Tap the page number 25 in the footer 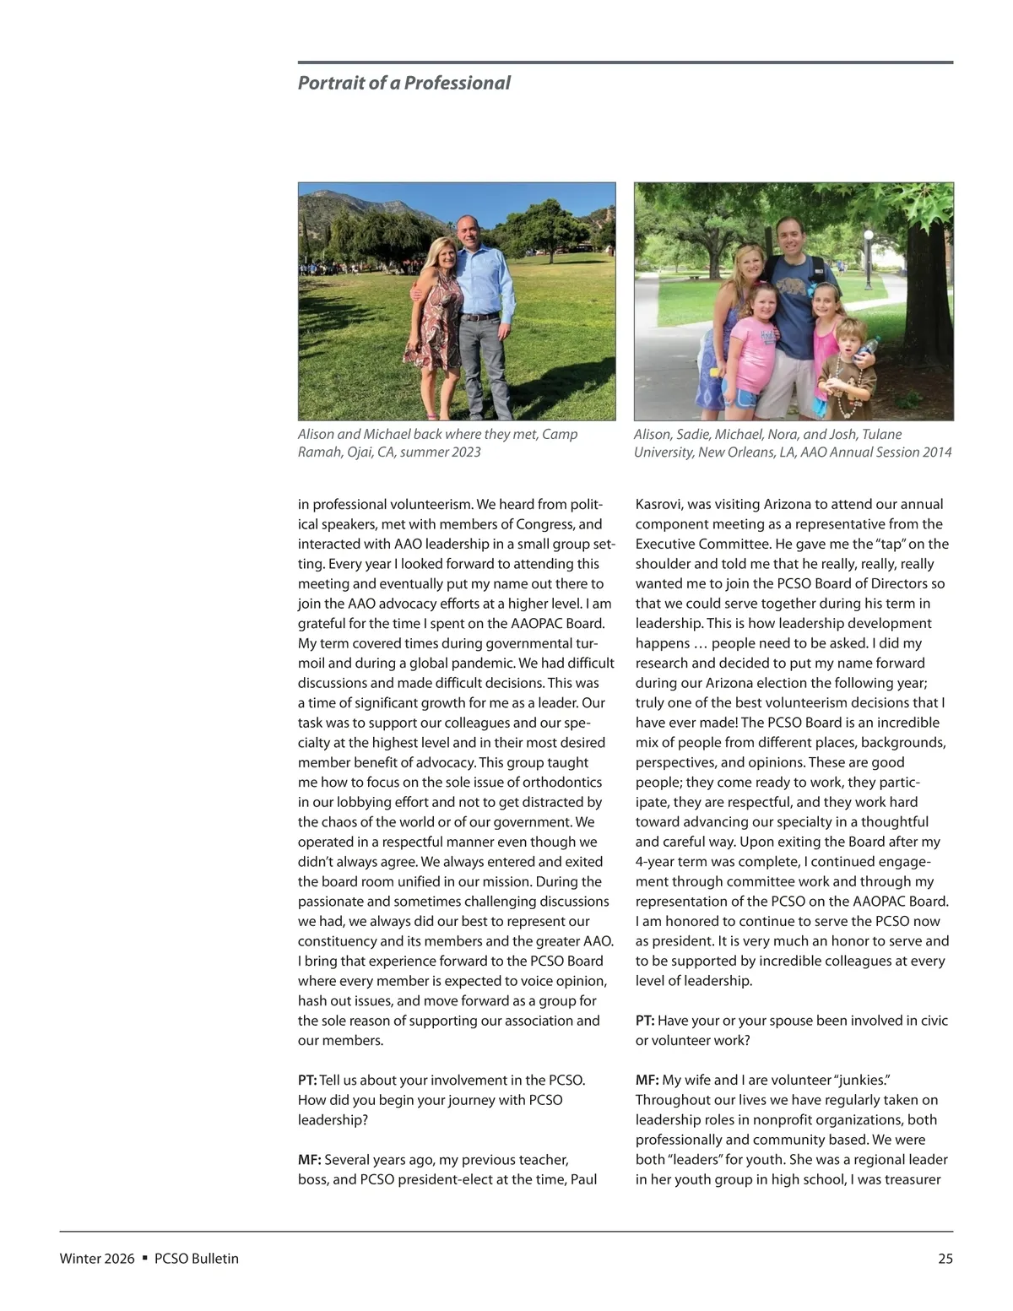tap(945, 1259)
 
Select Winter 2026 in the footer tap(97, 1259)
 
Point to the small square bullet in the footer tap(145, 1258)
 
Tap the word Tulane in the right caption tap(880, 434)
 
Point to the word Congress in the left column tap(545, 524)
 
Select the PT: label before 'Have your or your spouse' tap(645, 1021)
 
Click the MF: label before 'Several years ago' tap(309, 1160)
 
